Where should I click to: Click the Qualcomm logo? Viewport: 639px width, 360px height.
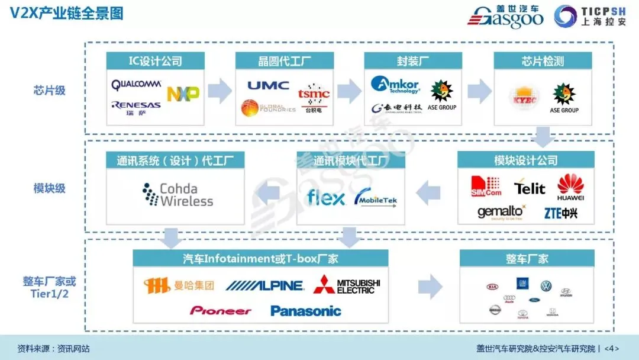click(135, 85)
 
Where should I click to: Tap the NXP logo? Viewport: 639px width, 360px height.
click(183, 94)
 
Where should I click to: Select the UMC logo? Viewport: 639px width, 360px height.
click(268, 85)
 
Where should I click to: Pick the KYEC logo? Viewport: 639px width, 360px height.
click(521, 99)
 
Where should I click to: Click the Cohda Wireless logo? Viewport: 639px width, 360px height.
click(178, 195)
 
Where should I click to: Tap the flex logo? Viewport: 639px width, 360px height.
click(325, 197)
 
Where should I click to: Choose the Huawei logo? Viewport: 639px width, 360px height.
click(570, 187)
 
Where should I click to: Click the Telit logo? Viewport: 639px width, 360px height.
click(530, 188)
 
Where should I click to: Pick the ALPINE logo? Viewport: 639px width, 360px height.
click(264, 286)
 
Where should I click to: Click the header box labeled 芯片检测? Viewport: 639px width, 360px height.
click(543, 60)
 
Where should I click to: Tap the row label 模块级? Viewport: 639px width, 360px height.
click(49, 188)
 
